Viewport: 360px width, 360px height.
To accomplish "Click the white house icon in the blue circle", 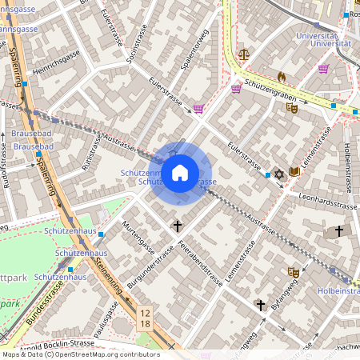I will tap(180, 173).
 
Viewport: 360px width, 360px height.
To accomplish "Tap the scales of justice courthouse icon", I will tap(243, 55).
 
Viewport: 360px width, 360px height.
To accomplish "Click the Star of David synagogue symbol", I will tap(279, 174).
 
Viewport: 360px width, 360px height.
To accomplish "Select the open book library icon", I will tap(294, 171).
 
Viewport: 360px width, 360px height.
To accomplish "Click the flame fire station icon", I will tap(281, 76).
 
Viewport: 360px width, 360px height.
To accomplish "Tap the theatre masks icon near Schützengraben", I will tap(291, 107).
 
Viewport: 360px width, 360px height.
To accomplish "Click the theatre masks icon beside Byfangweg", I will tap(294, 273).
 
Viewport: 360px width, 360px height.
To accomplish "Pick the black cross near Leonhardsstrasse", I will tap(339, 230).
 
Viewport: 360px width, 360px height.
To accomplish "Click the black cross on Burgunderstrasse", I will tap(178, 226).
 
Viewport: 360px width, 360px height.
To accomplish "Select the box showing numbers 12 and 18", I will tap(144, 318).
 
